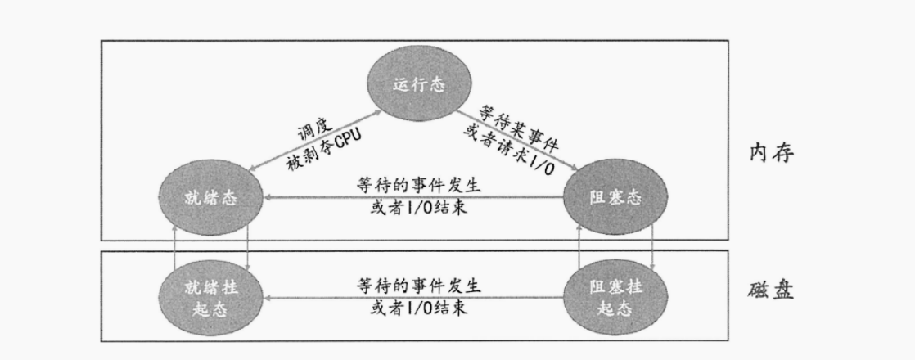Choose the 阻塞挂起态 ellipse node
(616, 298)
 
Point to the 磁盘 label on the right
(771, 291)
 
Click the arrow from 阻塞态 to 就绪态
(413, 197)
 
